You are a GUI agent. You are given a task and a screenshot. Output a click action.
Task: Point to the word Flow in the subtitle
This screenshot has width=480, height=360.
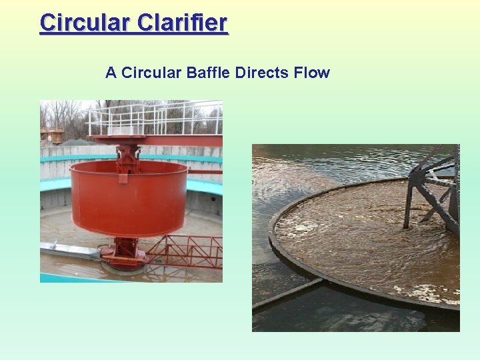click(311, 73)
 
